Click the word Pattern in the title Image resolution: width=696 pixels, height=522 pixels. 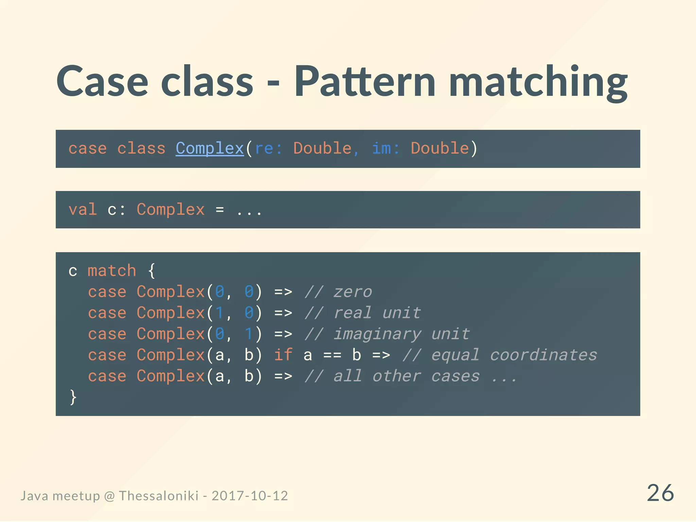365,82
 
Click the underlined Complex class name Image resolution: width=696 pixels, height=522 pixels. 210,149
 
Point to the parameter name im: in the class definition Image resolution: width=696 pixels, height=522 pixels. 386,149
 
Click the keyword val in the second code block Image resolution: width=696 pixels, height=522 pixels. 83,209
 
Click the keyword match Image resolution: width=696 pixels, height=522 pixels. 112,271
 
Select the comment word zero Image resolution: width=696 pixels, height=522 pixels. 353,292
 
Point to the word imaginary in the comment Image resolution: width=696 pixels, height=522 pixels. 377,334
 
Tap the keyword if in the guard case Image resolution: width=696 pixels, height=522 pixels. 283,355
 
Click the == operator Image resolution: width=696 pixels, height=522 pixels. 332,355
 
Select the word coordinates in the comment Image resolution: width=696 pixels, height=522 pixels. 543,355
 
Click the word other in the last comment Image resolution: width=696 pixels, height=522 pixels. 397,376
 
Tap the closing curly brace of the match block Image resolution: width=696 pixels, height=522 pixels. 73,397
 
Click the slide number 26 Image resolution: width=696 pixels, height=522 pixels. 660,493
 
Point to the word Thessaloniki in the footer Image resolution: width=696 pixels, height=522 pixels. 159,496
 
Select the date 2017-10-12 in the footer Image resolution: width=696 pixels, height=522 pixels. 250,496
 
